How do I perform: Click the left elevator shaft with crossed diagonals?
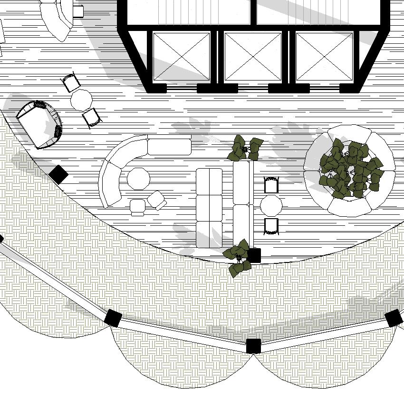(x=181, y=57)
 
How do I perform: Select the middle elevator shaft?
(x=253, y=57)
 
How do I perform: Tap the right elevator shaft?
(x=325, y=57)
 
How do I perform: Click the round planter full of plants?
(x=350, y=170)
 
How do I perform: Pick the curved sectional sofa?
(x=114, y=171)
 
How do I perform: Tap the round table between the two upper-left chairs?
(x=81, y=100)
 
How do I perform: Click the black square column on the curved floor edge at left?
(x=59, y=174)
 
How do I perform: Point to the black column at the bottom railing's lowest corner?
(x=253, y=345)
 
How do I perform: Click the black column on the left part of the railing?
(x=113, y=318)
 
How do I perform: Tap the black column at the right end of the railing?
(x=394, y=318)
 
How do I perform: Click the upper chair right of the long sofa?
(x=271, y=185)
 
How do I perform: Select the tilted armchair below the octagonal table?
(x=156, y=200)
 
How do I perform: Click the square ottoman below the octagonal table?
(x=138, y=206)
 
